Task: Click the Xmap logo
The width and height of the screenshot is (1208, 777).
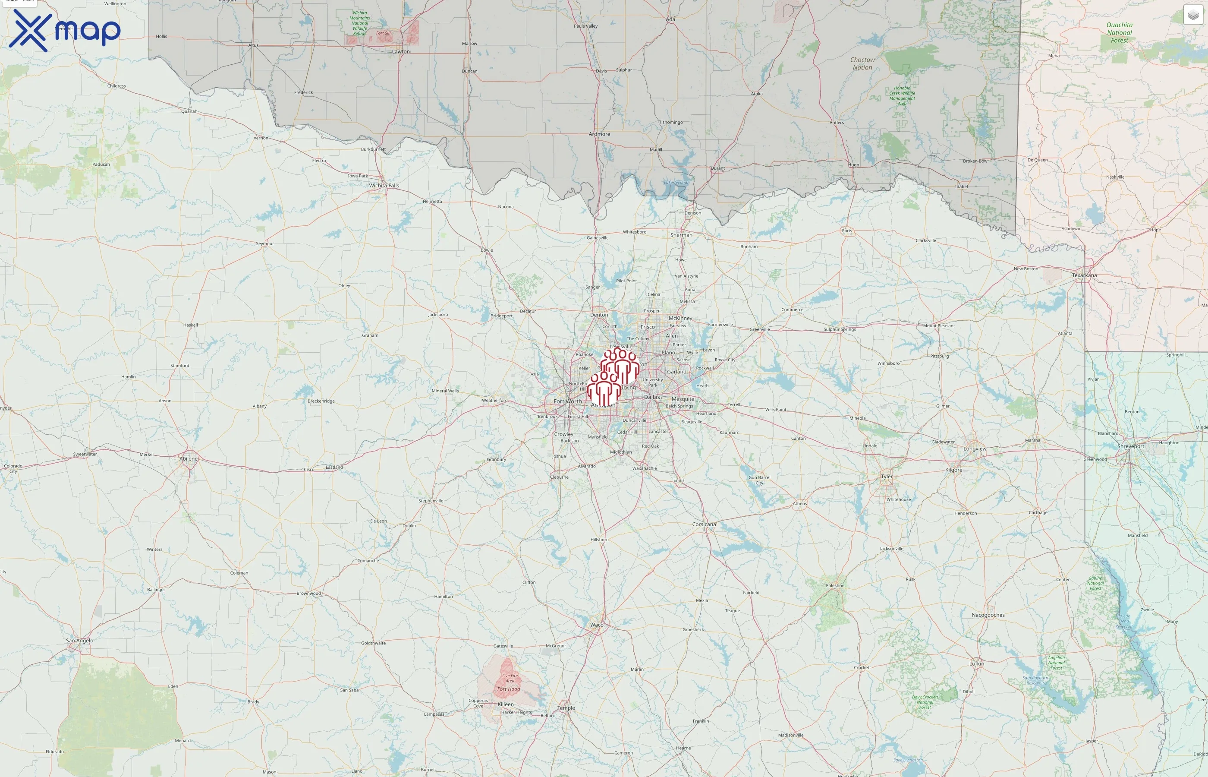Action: tap(65, 31)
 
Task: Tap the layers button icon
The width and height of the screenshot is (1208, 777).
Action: tap(1192, 15)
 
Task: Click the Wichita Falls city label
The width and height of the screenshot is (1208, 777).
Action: tap(384, 186)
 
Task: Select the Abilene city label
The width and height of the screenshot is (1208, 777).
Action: tap(189, 458)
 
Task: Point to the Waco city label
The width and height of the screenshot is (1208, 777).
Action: tap(596, 625)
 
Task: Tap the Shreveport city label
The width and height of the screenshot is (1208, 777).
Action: tap(1130, 446)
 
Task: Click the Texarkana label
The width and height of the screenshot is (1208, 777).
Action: tap(1084, 275)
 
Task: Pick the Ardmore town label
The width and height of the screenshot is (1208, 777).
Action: tap(599, 134)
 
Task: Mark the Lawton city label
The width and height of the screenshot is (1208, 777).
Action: tap(401, 51)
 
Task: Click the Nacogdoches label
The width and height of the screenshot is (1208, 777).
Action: tap(988, 615)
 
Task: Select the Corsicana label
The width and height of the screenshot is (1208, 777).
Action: tap(704, 524)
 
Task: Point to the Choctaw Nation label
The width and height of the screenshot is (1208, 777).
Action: tap(862, 63)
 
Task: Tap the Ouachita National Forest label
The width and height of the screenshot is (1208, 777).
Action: tap(1119, 33)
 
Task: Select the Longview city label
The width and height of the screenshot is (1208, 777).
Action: tap(975, 449)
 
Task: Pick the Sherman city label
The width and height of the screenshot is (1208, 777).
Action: tap(681, 235)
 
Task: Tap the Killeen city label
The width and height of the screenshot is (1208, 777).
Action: tap(505, 704)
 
